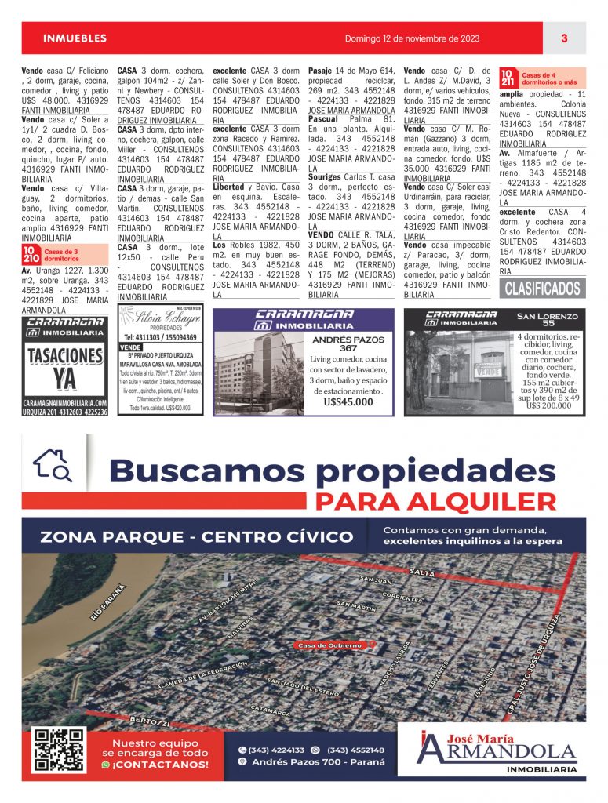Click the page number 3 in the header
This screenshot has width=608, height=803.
pos(564,38)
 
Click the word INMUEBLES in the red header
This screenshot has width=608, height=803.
pos(75,38)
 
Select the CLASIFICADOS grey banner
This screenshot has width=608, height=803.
pos(542,288)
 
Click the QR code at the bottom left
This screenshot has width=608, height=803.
pos(58,750)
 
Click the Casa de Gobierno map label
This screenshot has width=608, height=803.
pos(329,645)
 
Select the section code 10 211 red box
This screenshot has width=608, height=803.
pos(508,77)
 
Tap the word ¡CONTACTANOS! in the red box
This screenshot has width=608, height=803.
pos(160,765)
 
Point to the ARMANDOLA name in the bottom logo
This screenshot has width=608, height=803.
pos(497,751)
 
